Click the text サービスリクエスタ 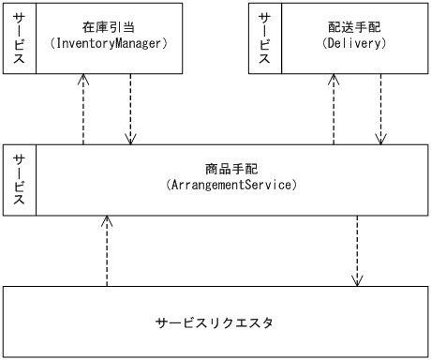215,323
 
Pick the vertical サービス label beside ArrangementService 19,180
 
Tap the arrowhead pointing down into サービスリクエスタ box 356,280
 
